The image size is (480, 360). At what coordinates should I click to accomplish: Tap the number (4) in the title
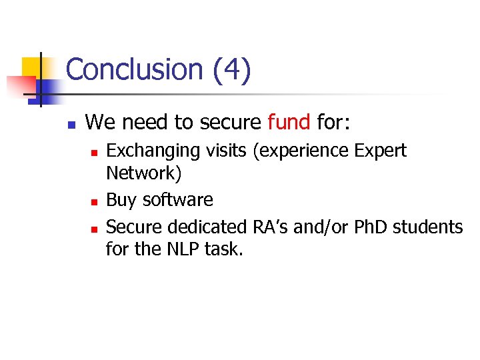point(232,70)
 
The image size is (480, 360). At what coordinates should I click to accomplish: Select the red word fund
point(289,122)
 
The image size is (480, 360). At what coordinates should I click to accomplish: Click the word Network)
point(143,173)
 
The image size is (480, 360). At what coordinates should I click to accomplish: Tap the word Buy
point(121,200)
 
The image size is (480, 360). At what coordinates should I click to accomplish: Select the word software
point(177,200)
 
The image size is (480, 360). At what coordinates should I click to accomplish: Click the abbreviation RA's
point(270,227)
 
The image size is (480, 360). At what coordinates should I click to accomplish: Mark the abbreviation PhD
point(371,227)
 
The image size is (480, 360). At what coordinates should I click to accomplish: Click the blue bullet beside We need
point(71,124)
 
